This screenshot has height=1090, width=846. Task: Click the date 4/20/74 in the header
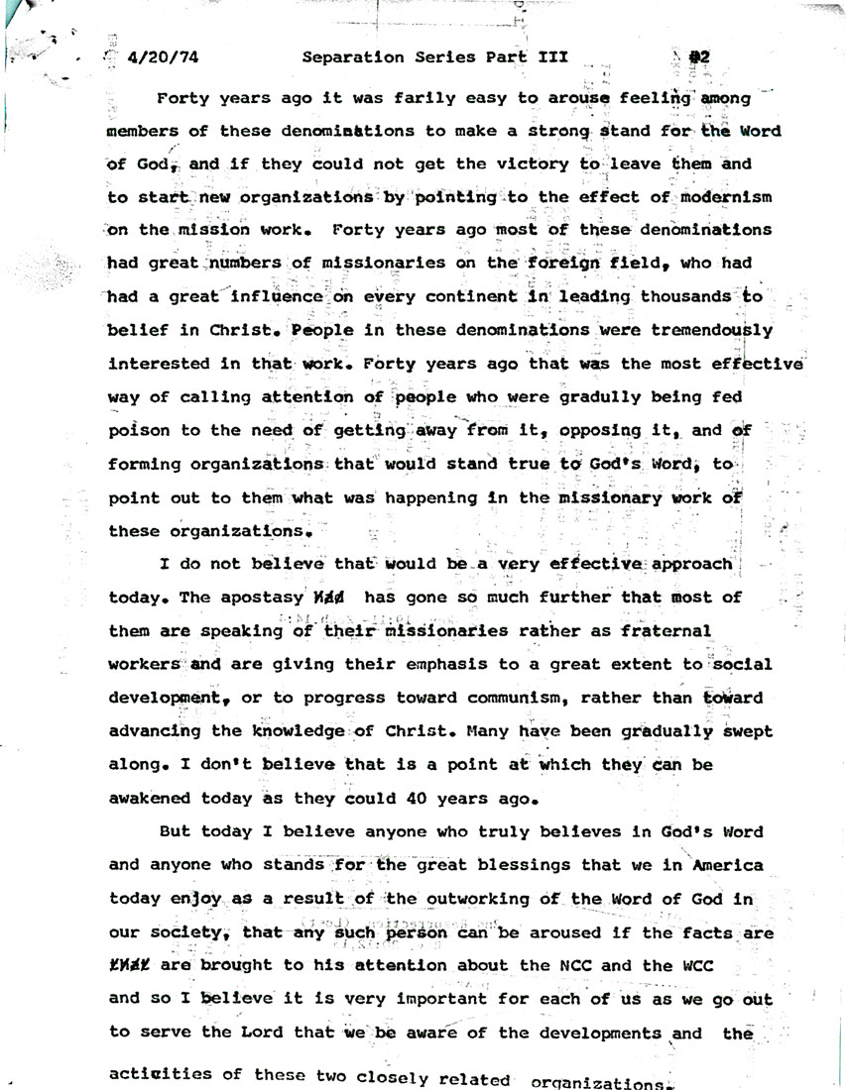click(x=164, y=57)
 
